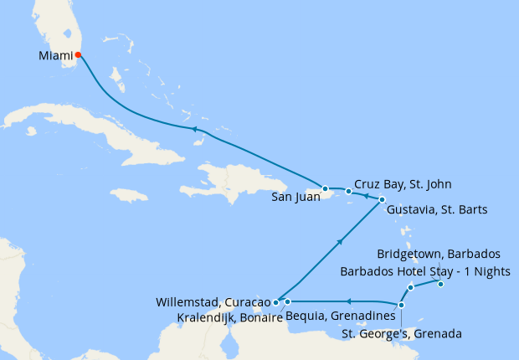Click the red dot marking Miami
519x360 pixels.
point(78,55)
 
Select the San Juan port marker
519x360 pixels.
point(325,188)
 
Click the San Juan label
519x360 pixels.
point(295,198)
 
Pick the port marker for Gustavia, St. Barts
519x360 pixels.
point(382,199)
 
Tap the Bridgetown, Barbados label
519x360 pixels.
point(438,254)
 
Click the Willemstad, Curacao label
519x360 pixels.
point(213,301)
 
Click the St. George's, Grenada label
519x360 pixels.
point(403,334)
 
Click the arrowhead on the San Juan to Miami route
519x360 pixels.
point(193,129)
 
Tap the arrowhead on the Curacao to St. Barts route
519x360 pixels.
point(340,241)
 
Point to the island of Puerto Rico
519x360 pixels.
point(344,194)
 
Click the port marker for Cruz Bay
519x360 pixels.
point(348,192)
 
